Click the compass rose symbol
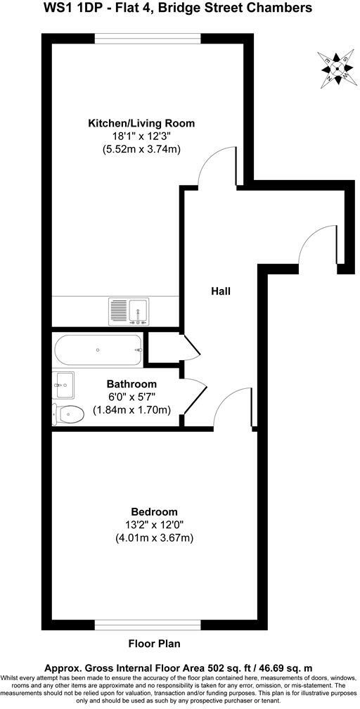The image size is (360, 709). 337,68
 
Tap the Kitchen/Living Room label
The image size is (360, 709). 141,123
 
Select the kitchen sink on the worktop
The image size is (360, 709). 128,309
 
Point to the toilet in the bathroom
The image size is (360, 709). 67,415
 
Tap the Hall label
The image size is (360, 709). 221,290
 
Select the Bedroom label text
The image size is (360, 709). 154,511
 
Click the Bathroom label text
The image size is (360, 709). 131,384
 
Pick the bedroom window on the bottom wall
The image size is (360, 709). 148,624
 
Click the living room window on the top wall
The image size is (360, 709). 148,37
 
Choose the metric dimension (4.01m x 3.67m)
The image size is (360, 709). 154,537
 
